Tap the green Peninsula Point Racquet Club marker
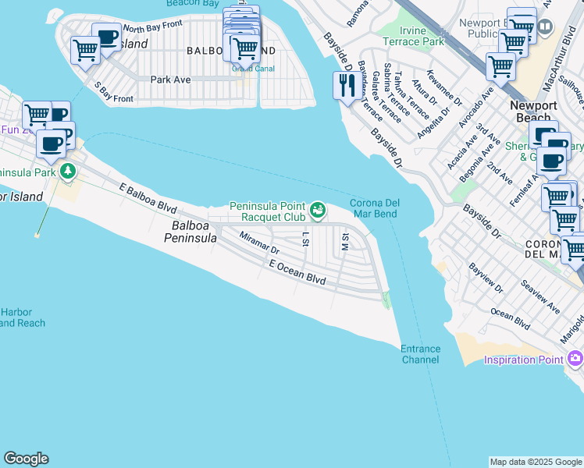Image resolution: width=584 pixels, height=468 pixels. pyautogui.click(x=317, y=209)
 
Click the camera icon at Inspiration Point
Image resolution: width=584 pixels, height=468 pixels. pyautogui.click(x=575, y=359)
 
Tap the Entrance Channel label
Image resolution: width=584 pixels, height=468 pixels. pyautogui.click(x=420, y=354)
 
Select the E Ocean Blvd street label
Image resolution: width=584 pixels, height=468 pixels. pyautogui.click(x=297, y=277)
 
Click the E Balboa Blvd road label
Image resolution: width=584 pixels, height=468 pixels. pyautogui.click(x=148, y=200)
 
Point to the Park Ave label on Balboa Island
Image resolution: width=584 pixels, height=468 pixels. pyautogui.click(x=171, y=80)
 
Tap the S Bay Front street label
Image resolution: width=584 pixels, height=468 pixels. pyautogui.click(x=113, y=92)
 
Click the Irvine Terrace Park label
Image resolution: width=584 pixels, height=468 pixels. pyautogui.click(x=414, y=35)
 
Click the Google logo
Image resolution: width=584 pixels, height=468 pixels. pyautogui.click(x=26, y=459)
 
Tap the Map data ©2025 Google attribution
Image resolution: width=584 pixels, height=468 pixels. pyautogui.click(x=536, y=462)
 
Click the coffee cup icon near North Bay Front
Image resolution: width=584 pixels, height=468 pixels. pyautogui.click(x=106, y=37)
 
